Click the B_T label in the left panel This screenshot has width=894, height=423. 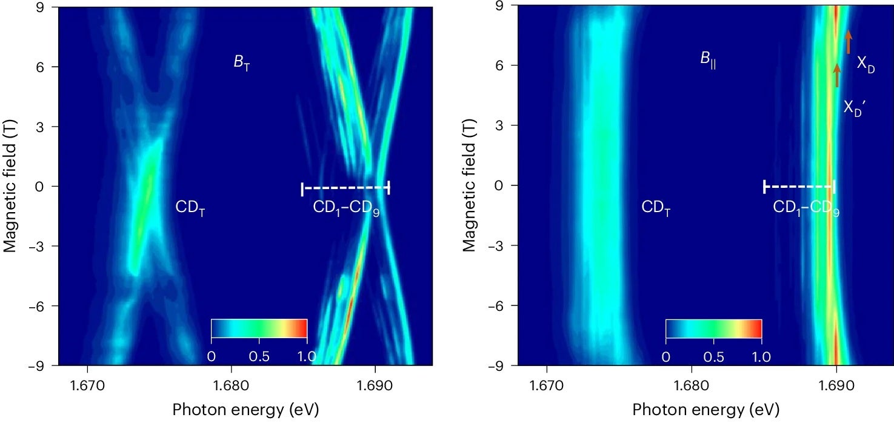coord(242,63)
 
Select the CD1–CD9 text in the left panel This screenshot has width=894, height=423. coord(346,208)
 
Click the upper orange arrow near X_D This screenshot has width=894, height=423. coord(849,42)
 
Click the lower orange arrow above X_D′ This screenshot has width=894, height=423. coord(837,76)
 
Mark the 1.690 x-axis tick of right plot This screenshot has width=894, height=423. coord(836,384)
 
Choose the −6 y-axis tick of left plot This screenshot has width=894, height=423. coord(40,305)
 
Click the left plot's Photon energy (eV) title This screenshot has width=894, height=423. coord(245,410)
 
